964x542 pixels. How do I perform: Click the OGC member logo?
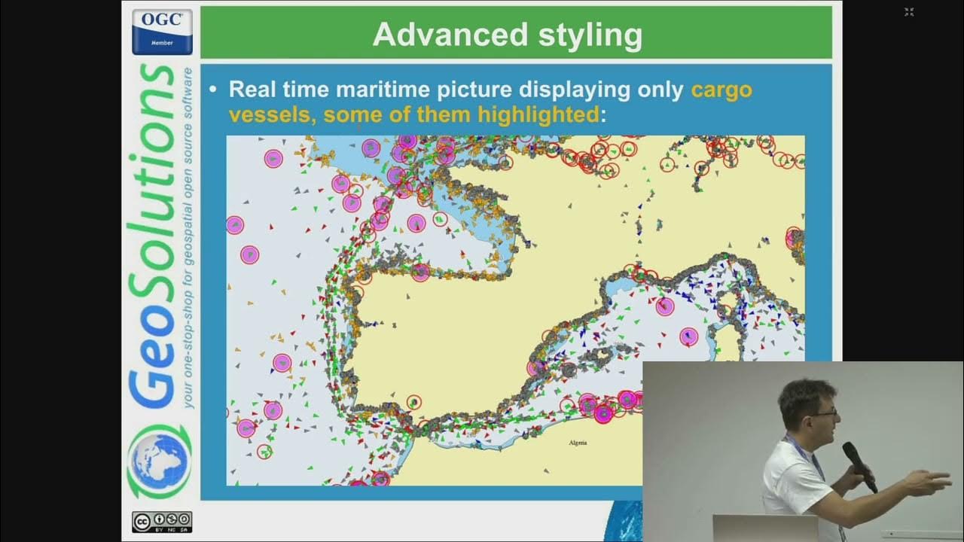point(162,32)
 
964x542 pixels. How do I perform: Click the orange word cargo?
point(721,90)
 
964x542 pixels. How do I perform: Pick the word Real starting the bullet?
point(252,90)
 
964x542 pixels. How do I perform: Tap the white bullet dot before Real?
point(213,90)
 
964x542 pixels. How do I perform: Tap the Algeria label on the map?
point(578,443)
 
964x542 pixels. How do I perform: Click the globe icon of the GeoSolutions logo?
point(159,458)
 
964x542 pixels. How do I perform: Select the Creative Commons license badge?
point(162,521)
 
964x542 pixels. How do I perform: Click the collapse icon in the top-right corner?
point(909,11)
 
